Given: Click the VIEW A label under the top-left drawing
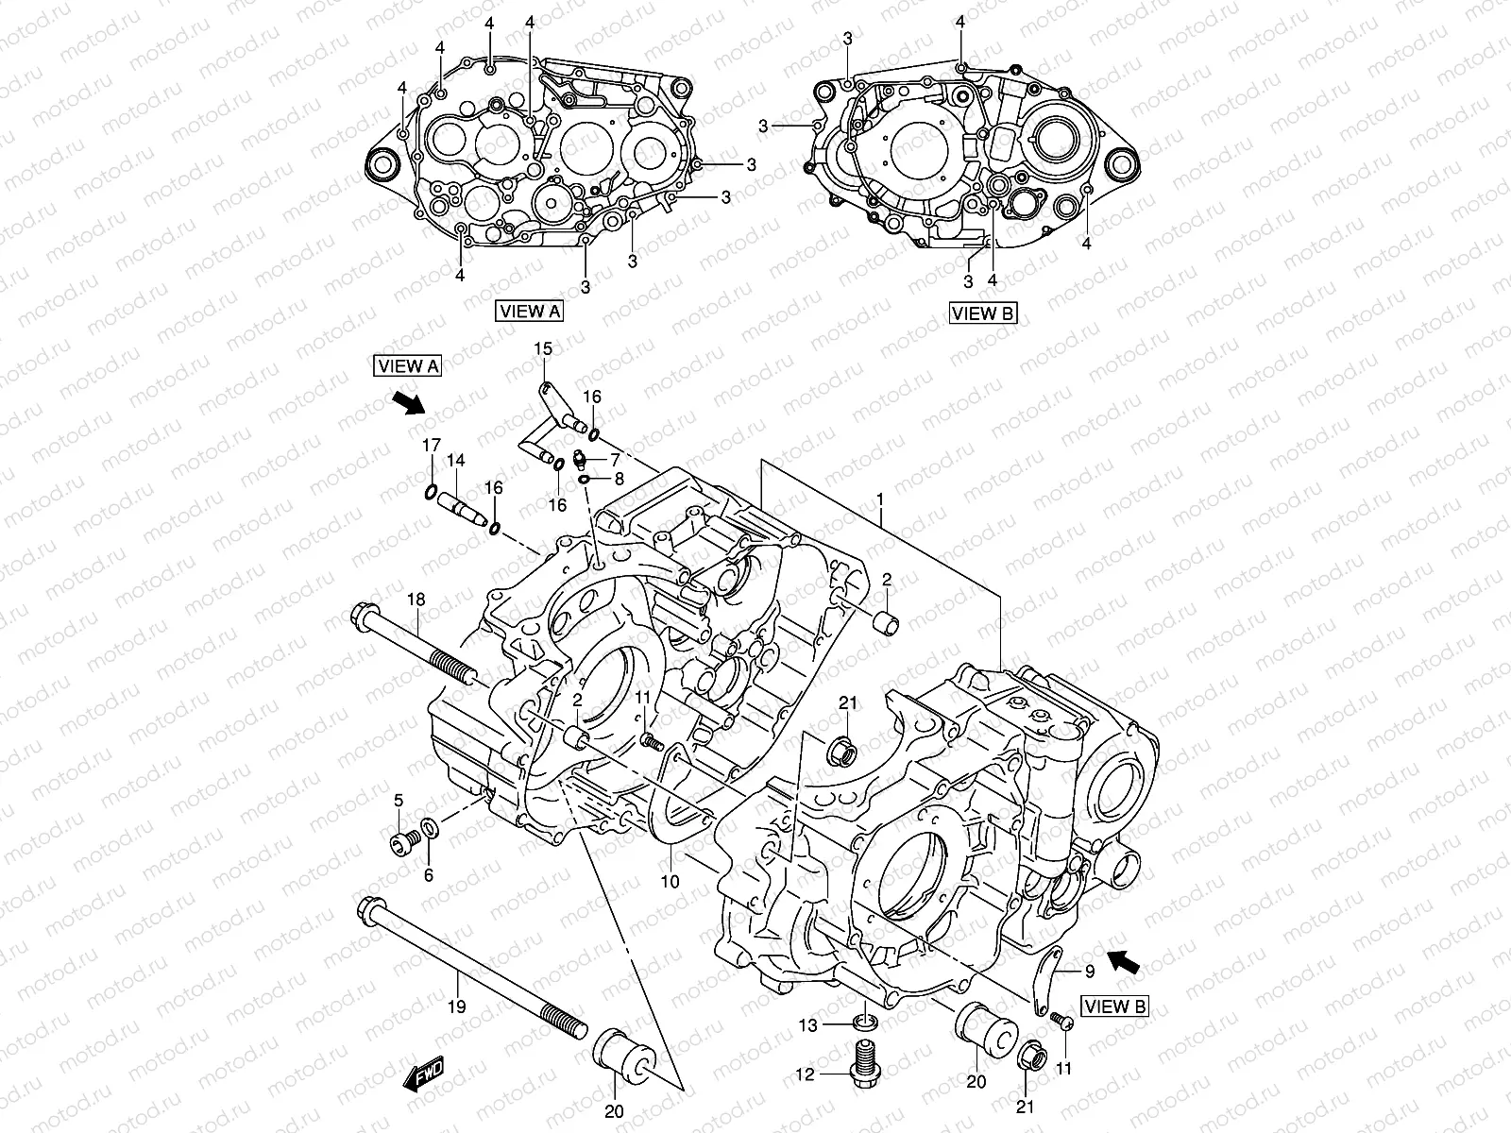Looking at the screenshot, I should click(x=529, y=311).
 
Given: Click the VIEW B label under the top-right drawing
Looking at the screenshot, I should click(x=983, y=313).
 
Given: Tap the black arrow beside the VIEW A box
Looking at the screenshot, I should click(x=409, y=403).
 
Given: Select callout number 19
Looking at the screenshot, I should click(x=456, y=1007).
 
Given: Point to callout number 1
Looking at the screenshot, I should click(x=879, y=497).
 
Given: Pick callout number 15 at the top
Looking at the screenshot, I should click(x=542, y=349).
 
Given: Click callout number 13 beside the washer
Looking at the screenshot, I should click(x=807, y=1024).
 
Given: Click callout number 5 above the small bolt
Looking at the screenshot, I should click(x=398, y=801).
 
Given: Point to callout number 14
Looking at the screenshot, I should click(x=456, y=461).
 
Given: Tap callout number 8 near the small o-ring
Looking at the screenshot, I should click(x=620, y=480).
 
